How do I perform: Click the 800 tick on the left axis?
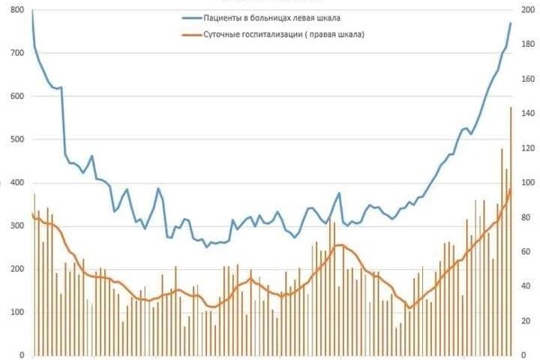tap(14, 11)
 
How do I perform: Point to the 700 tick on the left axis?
tap(14, 53)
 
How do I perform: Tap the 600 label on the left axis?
tap(14, 96)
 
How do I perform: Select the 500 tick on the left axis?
tap(14, 139)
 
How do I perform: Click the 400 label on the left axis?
tap(14, 183)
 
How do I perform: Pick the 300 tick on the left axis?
tap(14, 226)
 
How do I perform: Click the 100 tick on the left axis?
tap(14, 312)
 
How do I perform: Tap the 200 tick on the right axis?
tap(528, 11)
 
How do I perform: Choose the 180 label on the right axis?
tap(528, 45)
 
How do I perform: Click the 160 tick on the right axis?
tap(528, 79)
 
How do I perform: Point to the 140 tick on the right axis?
tap(528, 113)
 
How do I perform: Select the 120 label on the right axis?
tap(528, 148)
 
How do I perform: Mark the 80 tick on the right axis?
tap(528, 217)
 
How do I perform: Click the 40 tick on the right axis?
tap(528, 286)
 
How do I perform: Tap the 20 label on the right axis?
tap(528, 320)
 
